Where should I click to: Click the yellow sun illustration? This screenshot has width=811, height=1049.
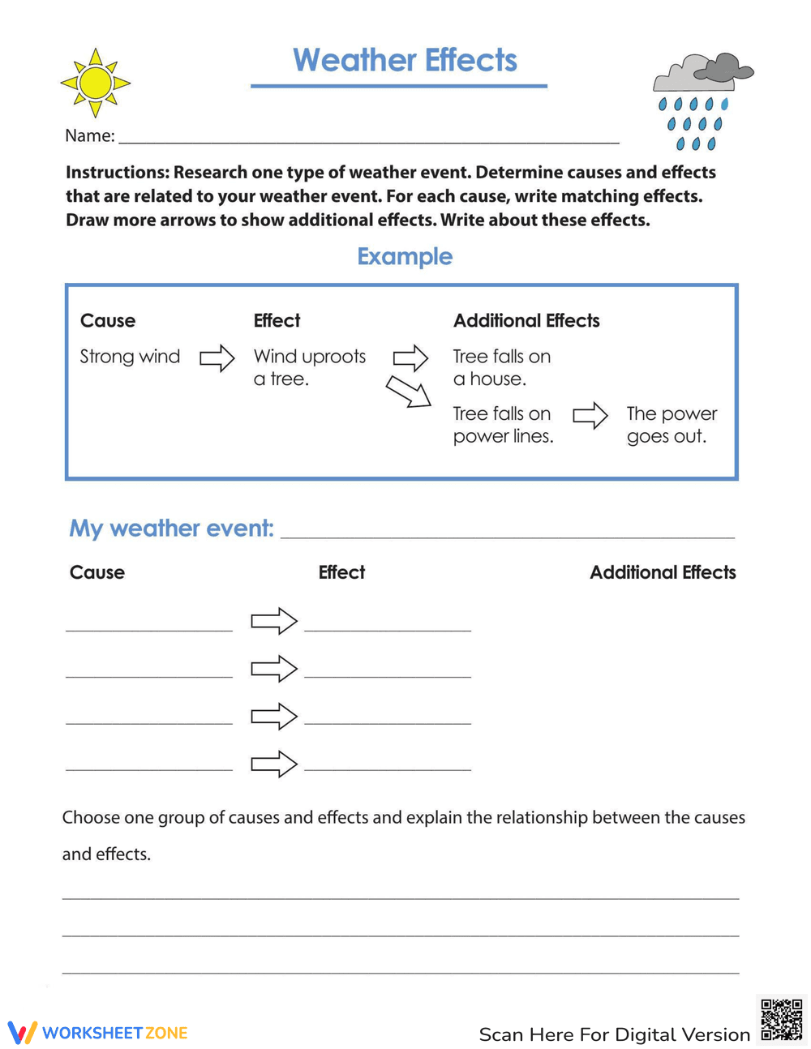click(96, 83)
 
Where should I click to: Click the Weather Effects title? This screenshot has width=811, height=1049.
click(405, 61)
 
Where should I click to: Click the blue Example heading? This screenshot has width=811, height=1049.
click(405, 256)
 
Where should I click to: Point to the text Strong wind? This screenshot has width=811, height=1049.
click(130, 357)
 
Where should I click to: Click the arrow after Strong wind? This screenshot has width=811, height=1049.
click(217, 358)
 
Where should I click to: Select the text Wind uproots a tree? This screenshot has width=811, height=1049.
click(309, 367)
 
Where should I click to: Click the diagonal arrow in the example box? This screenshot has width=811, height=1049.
click(408, 392)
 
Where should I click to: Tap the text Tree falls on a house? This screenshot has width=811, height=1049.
click(501, 367)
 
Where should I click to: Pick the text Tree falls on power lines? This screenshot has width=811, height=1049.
click(503, 425)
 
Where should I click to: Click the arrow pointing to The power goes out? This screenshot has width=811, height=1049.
click(590, 416)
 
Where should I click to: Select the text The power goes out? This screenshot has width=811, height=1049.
click(672, 425)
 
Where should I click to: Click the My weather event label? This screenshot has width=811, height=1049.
click(171, 529)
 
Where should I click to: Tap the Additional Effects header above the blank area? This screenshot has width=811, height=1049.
click(663, 572)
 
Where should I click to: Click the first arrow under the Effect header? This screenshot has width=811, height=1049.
click(274, 621)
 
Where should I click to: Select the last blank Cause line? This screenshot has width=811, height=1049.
click(149, 766)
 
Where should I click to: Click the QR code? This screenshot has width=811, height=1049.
click(782, 1020)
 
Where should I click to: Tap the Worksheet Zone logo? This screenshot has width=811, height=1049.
click(98, 1033)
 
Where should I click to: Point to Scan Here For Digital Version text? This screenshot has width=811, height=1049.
click(614, 1034)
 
